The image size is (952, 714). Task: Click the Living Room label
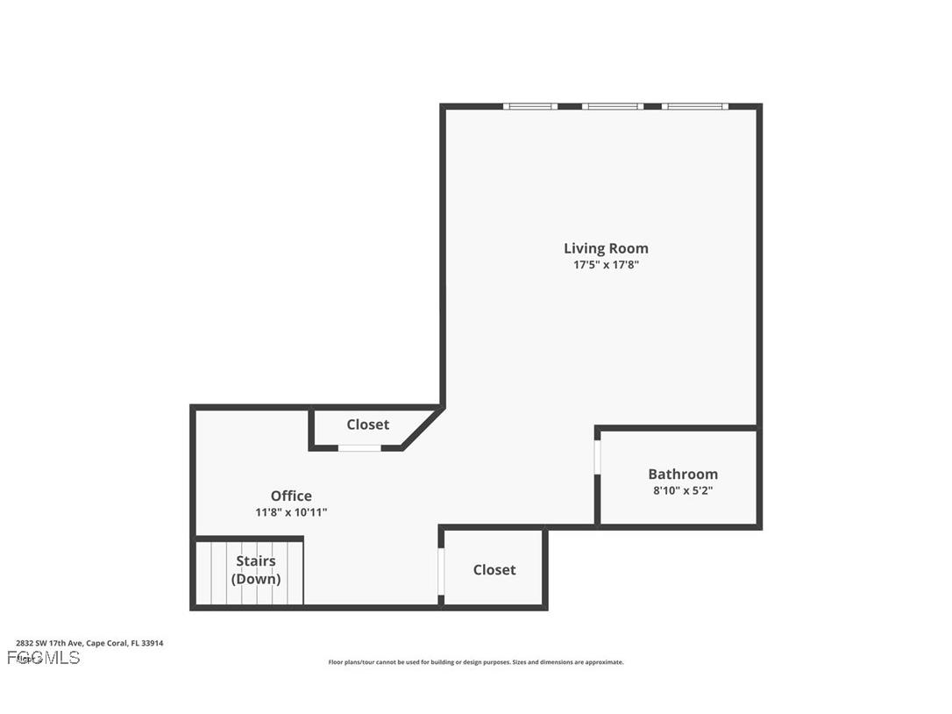point(606,248)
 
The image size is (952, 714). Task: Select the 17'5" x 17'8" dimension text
point(606,264)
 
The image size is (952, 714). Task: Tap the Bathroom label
point(682,474)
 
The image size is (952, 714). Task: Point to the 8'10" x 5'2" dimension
point(682,490)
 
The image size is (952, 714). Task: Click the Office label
point(291,496)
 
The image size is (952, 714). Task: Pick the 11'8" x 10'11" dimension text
point(291,512)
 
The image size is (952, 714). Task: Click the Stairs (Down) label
point(256,569)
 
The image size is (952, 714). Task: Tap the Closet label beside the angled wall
point(367,425)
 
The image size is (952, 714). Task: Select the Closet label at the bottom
point(494,569)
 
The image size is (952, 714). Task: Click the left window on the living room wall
point(530,106)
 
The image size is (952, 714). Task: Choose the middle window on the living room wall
point(613,106)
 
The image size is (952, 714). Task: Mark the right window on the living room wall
point(694,106)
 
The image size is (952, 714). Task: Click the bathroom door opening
point(597,457)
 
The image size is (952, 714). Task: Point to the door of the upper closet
point(359,448)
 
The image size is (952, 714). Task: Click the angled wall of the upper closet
point(422,429)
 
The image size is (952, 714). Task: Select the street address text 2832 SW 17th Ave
point(49,643)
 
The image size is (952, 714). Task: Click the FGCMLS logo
point(43,657)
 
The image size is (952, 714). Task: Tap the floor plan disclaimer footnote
point(476,662)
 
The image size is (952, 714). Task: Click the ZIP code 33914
point(153,643)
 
